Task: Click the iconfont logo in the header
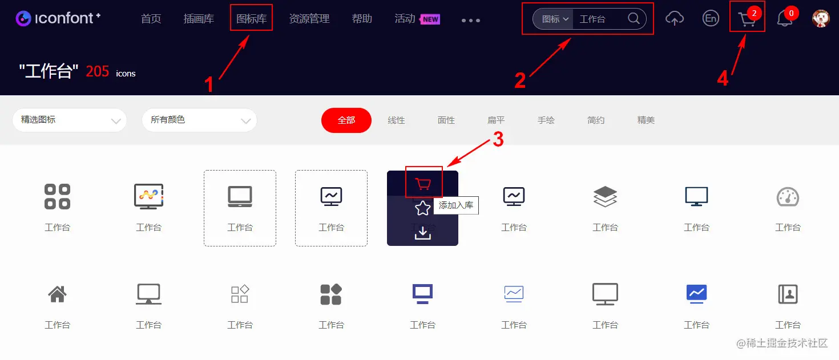58,18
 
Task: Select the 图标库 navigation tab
251,18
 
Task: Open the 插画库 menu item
199,18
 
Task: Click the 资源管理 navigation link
309,18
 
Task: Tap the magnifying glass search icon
634,18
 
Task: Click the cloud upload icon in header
674,18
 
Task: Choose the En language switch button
711,18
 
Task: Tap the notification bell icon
784,18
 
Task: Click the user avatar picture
821,18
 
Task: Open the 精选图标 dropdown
70,120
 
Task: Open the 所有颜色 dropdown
199,120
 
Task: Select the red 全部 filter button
346,120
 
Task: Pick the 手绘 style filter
546,120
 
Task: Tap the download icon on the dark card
422,233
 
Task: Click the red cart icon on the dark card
423,184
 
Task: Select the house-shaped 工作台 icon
57,294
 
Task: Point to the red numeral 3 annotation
498,139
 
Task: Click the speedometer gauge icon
788,197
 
